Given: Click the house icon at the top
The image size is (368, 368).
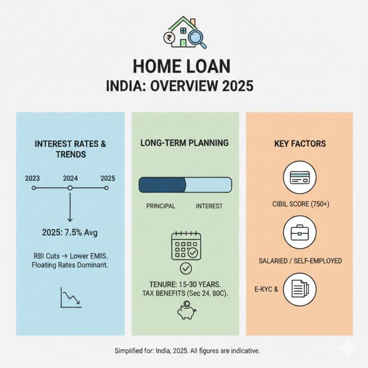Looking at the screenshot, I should point(184,33).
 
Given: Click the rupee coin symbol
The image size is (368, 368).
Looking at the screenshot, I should point(169,37).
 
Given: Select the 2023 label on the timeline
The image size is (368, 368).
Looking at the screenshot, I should point(33,178).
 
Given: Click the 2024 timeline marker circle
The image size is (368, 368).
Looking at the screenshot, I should point(70,188).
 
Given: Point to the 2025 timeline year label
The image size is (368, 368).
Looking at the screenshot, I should point(107,178).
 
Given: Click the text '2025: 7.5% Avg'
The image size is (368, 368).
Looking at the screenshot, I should point(69,234).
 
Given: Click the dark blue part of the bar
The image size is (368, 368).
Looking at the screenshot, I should point(161,185).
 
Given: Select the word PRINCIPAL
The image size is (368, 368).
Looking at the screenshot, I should point(161,206).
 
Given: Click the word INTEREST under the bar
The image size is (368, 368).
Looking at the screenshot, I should point(209,206).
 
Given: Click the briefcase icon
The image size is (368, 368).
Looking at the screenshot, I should point(299,232).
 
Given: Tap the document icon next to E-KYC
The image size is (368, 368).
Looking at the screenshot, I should point(299,289).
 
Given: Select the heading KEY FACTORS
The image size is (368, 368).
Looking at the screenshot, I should point(299,143).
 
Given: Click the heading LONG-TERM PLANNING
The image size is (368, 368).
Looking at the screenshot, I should point(184,143).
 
